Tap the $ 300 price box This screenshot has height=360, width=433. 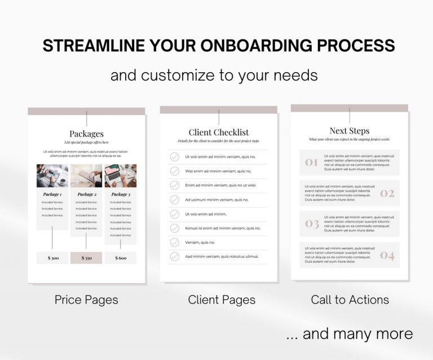[52, 258]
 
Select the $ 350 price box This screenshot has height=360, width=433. [86, 258]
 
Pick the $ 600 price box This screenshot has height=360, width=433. [121, 258]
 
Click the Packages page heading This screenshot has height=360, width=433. [86, 134]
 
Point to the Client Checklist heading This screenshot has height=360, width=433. [219, 133]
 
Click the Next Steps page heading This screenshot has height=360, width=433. [350, 131]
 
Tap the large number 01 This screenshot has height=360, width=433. [312, 163]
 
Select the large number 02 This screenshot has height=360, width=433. [387, 194]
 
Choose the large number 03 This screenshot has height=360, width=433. [312, 224]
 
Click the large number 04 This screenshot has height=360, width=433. [387, 255]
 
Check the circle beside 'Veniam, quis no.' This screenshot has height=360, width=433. [175, 242]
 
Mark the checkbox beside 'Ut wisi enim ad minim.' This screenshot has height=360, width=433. [175, 214]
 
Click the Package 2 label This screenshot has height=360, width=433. [86, 194]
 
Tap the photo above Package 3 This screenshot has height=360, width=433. [121, 175]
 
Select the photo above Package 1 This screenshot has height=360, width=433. [52, 175]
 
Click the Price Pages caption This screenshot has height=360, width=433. [86, 300]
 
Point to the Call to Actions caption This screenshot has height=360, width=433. [350, 300]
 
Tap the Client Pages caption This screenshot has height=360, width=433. [222, 300]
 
